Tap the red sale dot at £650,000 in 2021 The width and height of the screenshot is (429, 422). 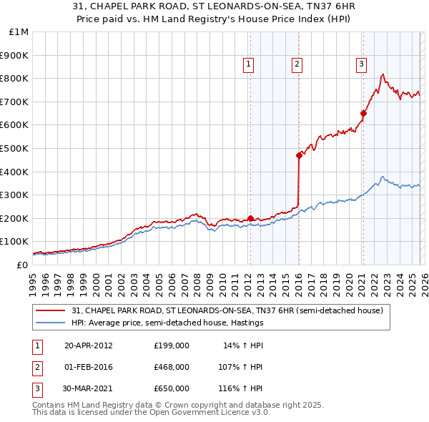click(363, 113)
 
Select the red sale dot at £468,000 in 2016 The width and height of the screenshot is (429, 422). click(298, 155)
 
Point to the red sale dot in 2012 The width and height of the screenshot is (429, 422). click(250, 218)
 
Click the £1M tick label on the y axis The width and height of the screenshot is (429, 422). click(19, 32)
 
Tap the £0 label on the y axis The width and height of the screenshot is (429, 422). click(21, 265)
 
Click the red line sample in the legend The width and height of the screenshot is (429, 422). click(51, 310)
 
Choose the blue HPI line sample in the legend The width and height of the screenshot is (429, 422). click(51, 323)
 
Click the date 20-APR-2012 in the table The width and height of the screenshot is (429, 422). click(89, 345)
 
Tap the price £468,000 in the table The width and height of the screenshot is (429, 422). click(171, 366)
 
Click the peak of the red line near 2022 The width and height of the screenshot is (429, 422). click(383, 74)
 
